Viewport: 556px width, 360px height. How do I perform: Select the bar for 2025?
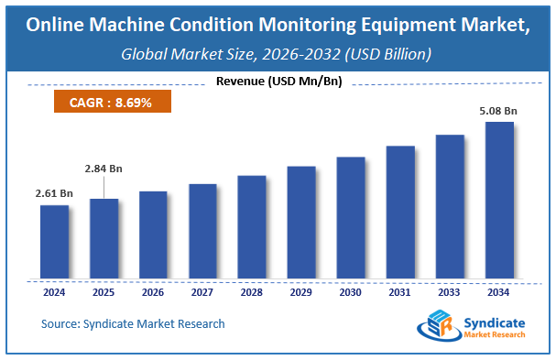point(104,238)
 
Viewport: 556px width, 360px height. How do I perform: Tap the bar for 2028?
point(251,227)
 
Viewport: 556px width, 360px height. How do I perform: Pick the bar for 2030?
point(351,218)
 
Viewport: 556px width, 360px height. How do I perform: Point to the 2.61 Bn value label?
point(54,193)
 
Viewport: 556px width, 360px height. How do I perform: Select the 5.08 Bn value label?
point(497,111)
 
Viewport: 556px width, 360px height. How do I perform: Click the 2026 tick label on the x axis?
point(153,293)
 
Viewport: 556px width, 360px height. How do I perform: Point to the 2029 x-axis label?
point(301,293)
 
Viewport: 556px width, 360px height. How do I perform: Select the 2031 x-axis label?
point(400,293)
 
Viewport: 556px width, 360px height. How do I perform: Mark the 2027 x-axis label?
point(202,293)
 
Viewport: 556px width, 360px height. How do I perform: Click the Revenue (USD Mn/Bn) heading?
point(278,82)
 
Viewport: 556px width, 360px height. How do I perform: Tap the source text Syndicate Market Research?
point(133,323)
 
